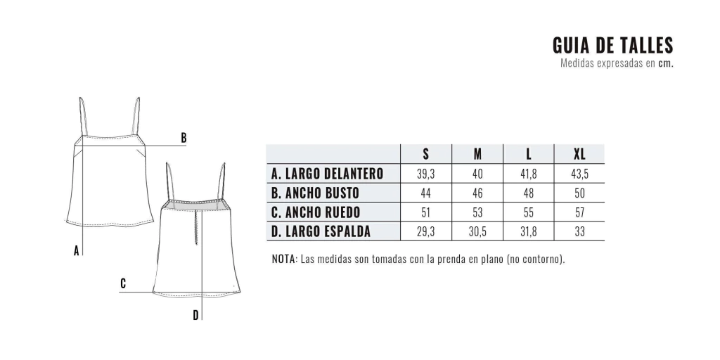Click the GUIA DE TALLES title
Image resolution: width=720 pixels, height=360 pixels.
pos(612,46)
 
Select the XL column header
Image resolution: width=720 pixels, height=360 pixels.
pos(579,154)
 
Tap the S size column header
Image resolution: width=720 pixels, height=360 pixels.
pos(425,154)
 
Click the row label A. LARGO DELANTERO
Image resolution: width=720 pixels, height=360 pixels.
pos(327,174)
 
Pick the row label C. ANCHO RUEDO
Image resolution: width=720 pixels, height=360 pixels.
pos(316,212)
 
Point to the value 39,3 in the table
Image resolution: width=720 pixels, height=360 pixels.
pos(425,174)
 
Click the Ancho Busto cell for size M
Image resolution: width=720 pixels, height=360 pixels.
pos(477,193)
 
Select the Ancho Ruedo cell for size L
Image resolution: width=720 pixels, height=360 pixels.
pos(529,212)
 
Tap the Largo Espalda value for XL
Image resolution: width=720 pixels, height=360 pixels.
pos(579,232)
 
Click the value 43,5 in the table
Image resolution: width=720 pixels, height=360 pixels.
pos(579,174)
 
